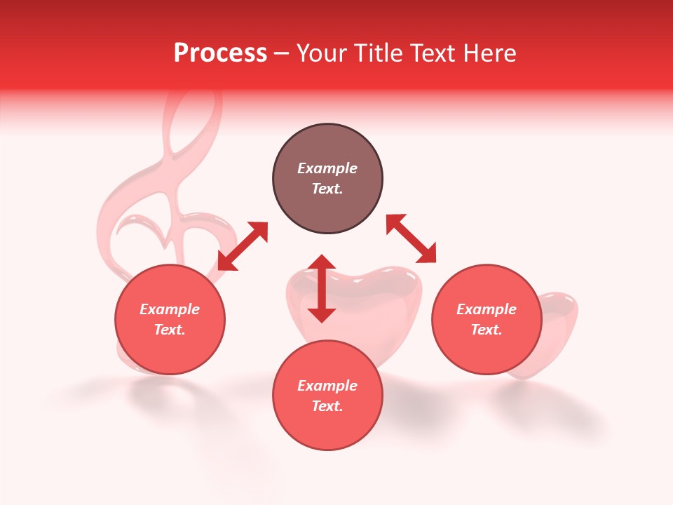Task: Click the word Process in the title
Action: [220, 53]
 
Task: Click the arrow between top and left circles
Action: [243, 246]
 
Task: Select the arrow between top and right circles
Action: [411, 238]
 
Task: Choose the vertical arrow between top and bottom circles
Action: [322, 288]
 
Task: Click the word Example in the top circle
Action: [327, 168]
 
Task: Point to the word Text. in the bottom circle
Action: [327, 406]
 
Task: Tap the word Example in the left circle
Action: [170, 309]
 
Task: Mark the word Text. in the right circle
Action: [487, 330]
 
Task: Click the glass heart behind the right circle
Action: [557, 330]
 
